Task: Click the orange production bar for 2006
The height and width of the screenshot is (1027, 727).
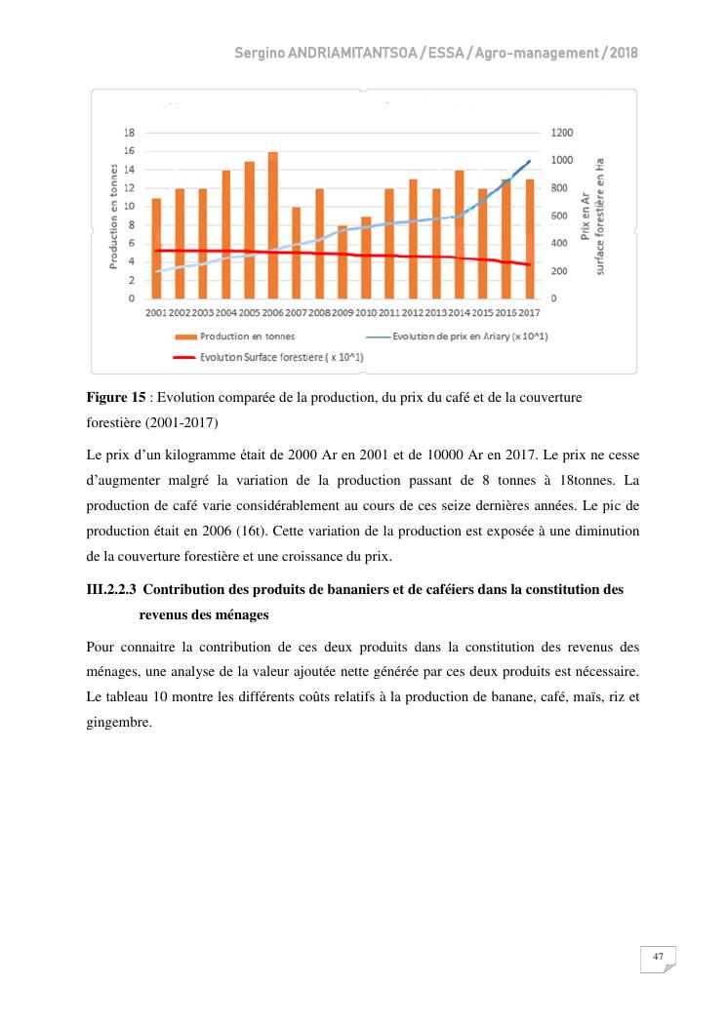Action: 273,225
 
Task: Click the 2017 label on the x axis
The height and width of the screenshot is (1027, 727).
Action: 530,312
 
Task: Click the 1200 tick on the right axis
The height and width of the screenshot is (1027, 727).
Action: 562,132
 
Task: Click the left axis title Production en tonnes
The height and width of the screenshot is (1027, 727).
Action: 113,215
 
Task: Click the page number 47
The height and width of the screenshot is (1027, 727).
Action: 658,958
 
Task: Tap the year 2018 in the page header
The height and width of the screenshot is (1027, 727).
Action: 624,53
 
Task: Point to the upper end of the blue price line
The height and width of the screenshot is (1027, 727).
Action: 530,161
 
